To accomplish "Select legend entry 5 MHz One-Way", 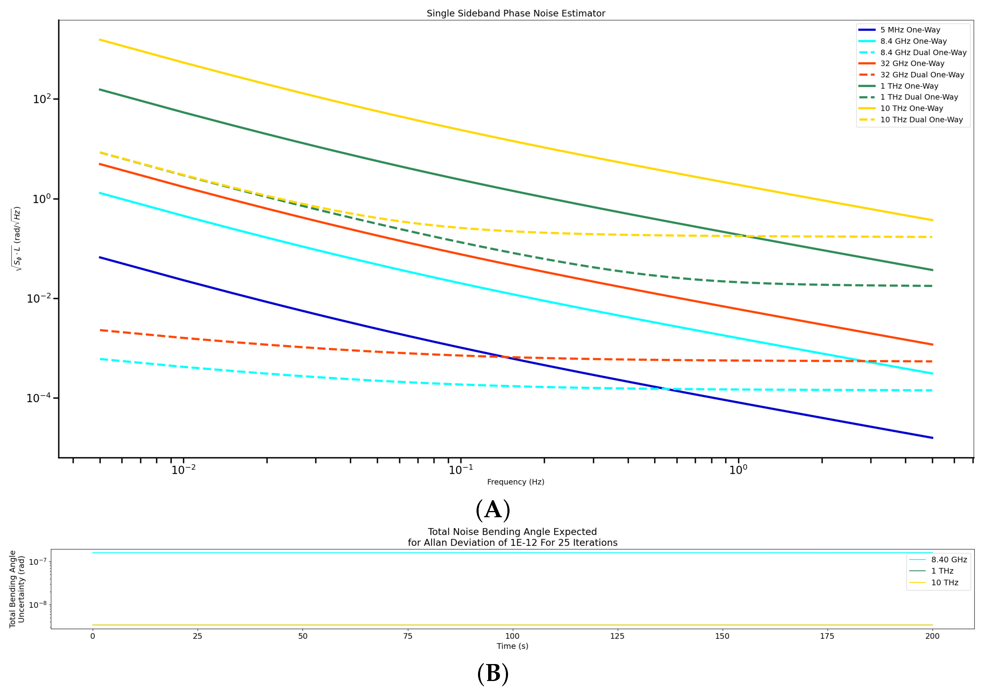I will (x=910, y=30).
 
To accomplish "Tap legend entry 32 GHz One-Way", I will (x=912, y=64).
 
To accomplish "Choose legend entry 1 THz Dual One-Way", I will (x=919, y=97).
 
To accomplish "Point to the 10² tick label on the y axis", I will (x=42, y=99).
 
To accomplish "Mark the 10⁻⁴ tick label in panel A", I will (x=38, y=398).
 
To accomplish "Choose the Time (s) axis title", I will (x=512, y=646).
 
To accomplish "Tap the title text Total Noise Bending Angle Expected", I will (x=512, y=532).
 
